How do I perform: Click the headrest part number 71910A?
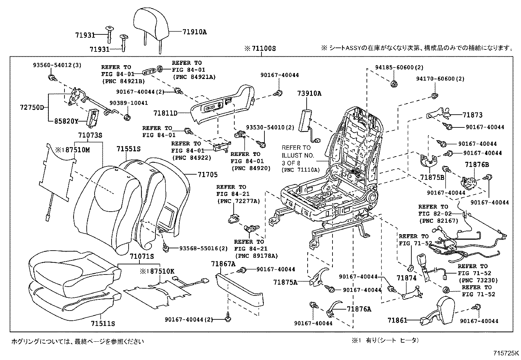195,32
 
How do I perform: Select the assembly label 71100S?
264,49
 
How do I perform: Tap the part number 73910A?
309,93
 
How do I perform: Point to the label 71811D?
166,113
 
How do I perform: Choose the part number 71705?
207,175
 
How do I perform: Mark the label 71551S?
128,149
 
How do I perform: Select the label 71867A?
223,264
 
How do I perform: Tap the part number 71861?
397,320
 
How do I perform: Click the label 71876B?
477,165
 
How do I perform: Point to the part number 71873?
472,115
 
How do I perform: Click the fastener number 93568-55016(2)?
203,249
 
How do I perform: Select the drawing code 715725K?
506,353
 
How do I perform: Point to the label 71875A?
285,281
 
